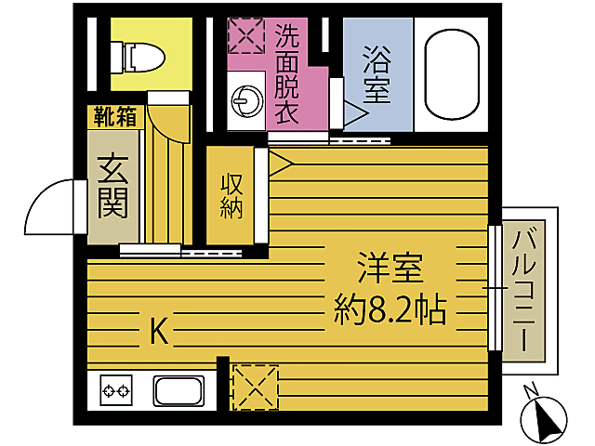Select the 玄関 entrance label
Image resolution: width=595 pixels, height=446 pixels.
pos(112,187)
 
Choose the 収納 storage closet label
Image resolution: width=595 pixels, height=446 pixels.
pos(231,195)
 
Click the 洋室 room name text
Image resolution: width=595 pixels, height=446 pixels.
pos(390,269)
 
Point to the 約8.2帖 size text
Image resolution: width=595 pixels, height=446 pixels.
pos(390,308)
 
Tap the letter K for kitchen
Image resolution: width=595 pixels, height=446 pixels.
pos(160,331)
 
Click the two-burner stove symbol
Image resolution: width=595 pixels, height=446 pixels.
pos(117,390)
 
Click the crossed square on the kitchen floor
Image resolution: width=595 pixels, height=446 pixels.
pos(254,387)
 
